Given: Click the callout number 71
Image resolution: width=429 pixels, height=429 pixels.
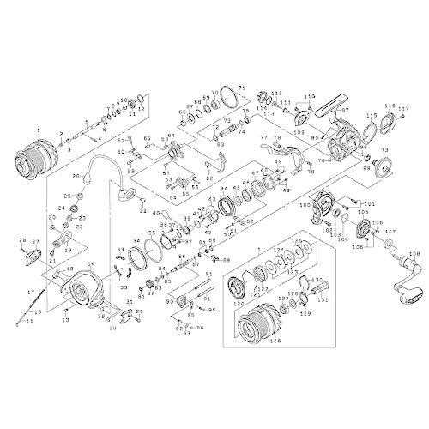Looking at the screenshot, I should pos(241,88).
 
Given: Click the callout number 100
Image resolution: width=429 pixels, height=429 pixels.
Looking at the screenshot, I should pos(305,206).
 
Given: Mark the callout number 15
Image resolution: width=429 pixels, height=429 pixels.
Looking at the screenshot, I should pos(24,322).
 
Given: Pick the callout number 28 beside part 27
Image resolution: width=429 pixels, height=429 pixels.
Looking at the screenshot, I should pos(22,241).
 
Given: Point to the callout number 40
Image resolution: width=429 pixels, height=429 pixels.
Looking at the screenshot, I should pos(155,212).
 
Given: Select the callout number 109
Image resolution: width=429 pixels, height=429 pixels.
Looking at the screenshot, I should pos(300,135).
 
